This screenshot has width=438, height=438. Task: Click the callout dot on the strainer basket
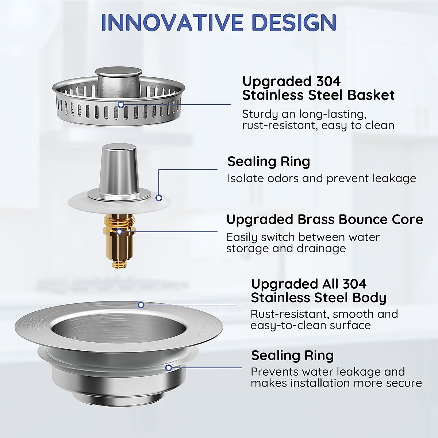pyautogui.click(x=121, y=104)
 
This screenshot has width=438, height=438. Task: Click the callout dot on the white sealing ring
pyautogui.click(x=159, y=198)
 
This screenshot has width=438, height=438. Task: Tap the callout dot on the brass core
pyautogui.click(x=119, y=231)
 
